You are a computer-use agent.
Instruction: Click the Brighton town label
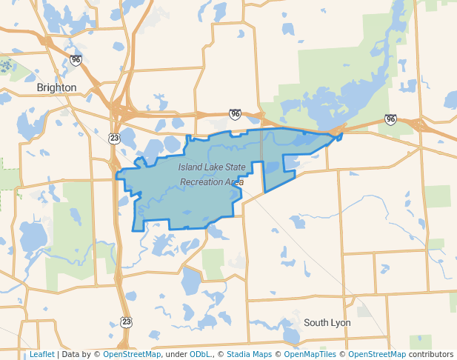click(x=56, y=87)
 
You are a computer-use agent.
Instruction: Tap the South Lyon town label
click(x=327, y=323)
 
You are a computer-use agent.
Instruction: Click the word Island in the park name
click(x=190, y=167)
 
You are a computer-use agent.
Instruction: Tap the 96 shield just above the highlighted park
click(x=235, y=114)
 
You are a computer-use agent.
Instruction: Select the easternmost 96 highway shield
click(x=390, y=119)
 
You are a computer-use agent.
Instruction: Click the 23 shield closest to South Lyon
click(x=127, y=321)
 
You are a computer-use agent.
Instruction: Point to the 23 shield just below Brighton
click(x=113, y=139)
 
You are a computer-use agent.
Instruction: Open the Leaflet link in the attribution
click(x=41, y=354)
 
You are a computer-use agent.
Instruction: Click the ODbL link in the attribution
click(x=200, y=354)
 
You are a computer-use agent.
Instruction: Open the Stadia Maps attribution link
click(x=246, y=354)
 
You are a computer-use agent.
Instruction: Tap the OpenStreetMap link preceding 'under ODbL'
click(x=132, y=354)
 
